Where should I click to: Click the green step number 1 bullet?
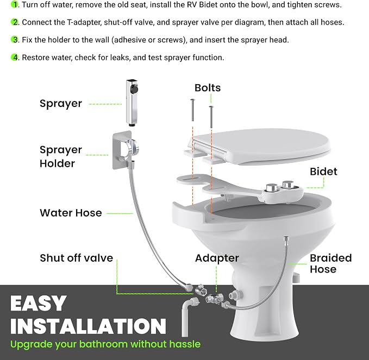coord(14,4)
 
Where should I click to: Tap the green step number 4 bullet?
coord(14,58)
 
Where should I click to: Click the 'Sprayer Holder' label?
coord(61,156)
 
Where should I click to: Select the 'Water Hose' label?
coord(71,213)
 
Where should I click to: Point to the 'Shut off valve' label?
coord(77,258)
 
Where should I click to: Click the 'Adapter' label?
coord(217,258)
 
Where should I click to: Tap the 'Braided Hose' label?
coord(330,263)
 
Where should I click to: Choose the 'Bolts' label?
coord(208,88)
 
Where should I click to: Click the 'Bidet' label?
coord(323,172)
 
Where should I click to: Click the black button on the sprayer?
coord(135,89)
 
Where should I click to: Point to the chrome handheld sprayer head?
coord(132,103)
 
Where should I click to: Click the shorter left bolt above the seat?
coord(192,110)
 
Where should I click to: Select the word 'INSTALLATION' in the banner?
coord(88,326)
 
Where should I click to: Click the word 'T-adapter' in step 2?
coord(84,22)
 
